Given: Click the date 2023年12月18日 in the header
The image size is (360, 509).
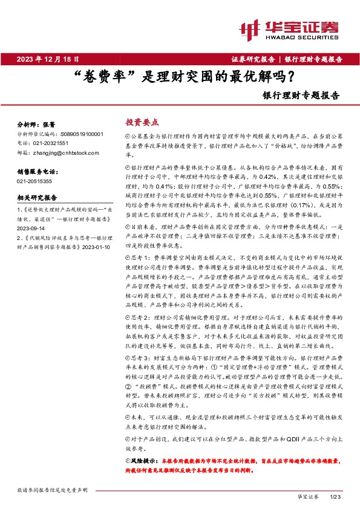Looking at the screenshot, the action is (x=48, y=59).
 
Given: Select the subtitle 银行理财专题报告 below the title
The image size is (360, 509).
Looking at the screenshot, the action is (x=301, y=95).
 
